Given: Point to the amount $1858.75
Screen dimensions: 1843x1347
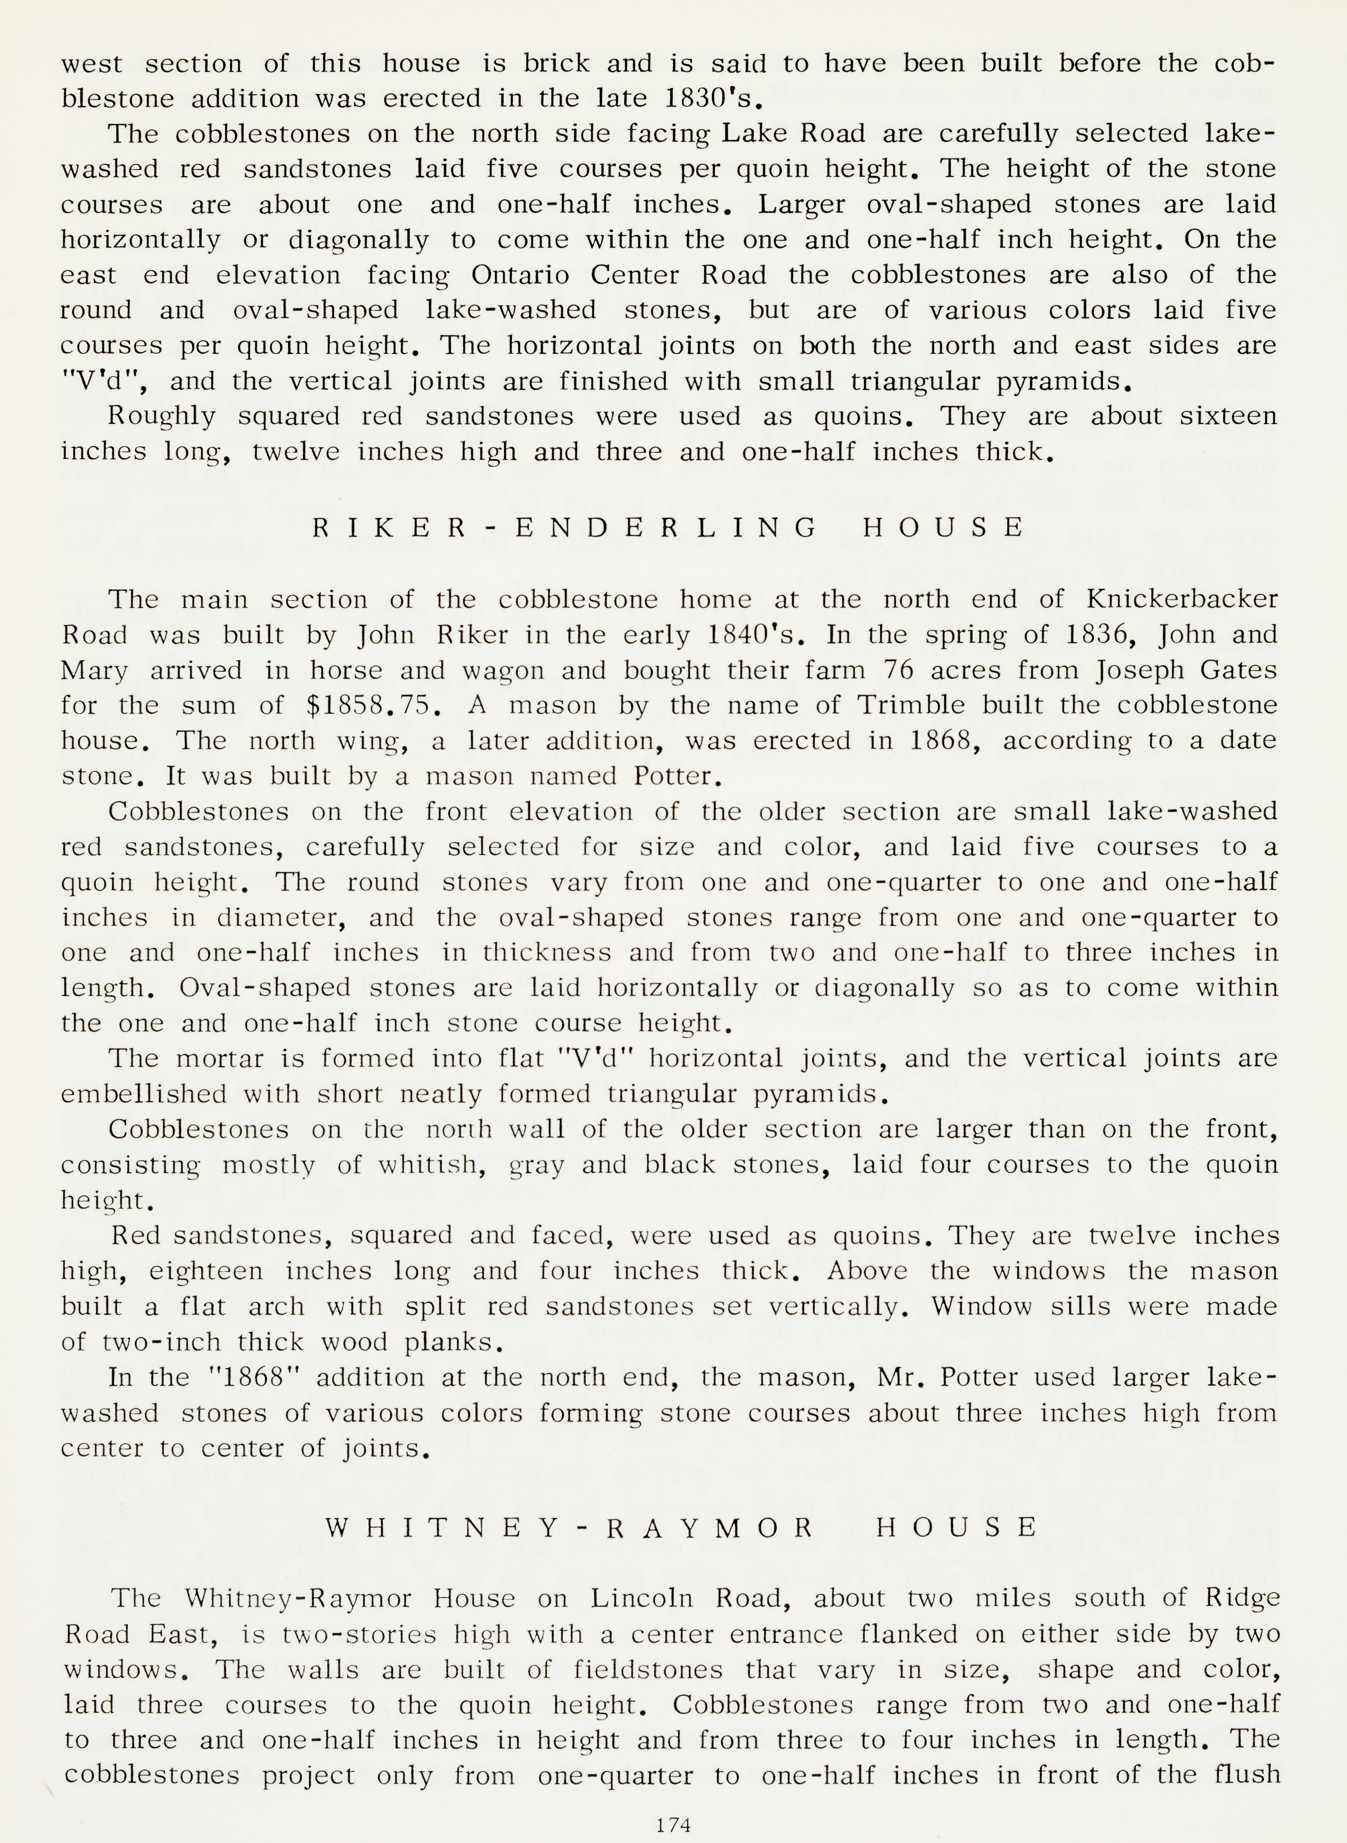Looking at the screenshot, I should coord(373,705).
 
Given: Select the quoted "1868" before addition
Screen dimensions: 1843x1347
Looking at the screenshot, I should coord(256,1378).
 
